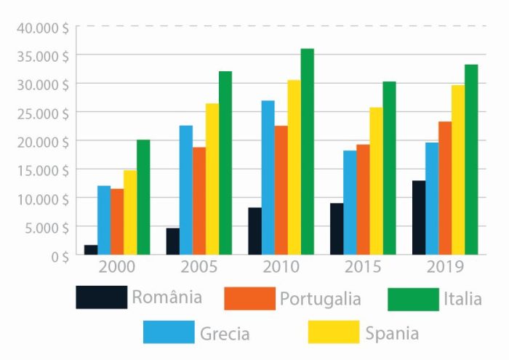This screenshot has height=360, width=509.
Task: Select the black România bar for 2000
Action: coord(91,249)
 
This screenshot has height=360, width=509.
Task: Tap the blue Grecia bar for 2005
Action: coord(186,190)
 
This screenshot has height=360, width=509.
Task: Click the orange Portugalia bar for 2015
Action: coord(362,199)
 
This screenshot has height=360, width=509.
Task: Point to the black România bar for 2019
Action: coord(418,217)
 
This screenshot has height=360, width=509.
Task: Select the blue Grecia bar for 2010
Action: coord(268,177)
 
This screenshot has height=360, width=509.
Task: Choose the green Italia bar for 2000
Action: coord(143,197)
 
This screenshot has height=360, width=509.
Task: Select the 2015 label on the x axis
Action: coord(363,267)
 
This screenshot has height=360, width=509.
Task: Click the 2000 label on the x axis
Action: coord(117,267)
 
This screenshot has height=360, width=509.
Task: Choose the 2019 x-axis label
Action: coord(445,267)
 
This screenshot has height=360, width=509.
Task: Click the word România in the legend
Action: coord(167,297)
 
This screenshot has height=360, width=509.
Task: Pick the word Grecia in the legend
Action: coord(224,334)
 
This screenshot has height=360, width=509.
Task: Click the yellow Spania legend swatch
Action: coord(334,332)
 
